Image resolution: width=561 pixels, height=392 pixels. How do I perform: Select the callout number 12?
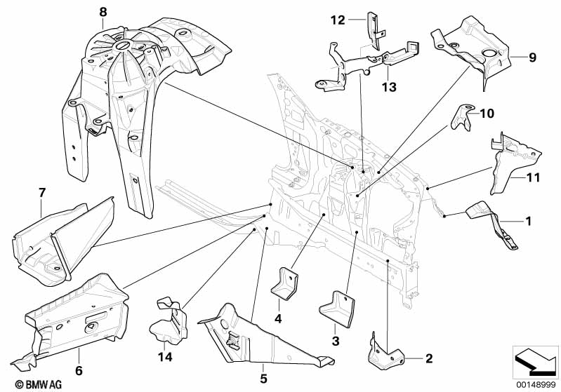point(338,20)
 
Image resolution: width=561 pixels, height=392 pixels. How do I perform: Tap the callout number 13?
point(389,88)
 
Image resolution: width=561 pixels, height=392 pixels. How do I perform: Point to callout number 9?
point(532,57)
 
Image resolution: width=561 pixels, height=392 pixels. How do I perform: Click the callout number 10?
point(487,112)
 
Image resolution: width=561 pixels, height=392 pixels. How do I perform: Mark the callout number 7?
point(41,191)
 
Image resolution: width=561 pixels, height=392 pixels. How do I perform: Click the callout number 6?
point(79,370)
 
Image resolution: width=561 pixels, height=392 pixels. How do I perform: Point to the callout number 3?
point(335,341)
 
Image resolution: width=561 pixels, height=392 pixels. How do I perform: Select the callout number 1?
point(528,221)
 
